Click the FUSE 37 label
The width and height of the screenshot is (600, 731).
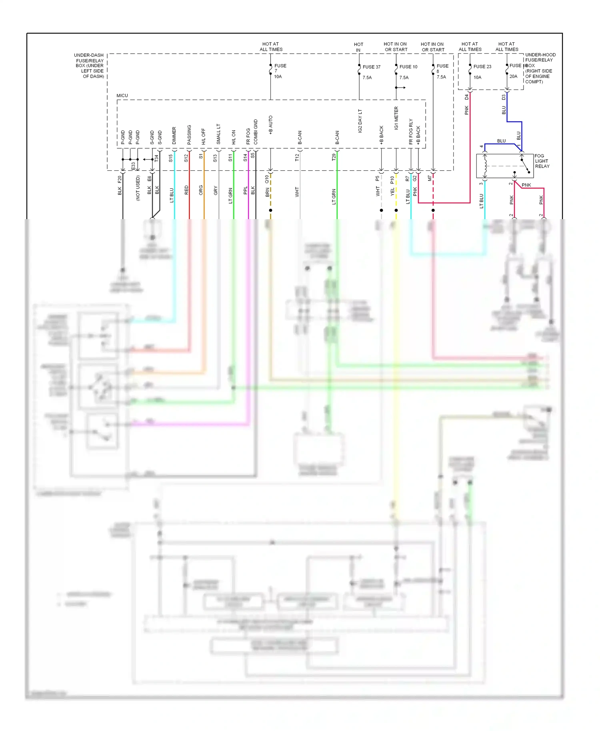click(x=371, y=67)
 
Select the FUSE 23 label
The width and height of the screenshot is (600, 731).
click(x=482, y=66)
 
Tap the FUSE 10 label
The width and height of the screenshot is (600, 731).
click(x=408, y=67)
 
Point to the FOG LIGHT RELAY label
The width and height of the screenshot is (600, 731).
click(x=542, y=161)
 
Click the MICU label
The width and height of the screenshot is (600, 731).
click(x=122, y=96)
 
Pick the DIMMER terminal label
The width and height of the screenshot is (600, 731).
click(x=174, y=136)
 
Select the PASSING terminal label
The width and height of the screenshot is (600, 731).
click(x=189, y=135)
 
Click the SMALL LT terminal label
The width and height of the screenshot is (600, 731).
click(x=218, y=134)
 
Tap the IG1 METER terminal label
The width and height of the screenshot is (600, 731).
click(x=396, y=118)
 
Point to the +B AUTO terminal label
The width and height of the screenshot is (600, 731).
click(x=271, y=125)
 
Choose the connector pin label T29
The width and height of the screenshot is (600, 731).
click(x=334, y=158)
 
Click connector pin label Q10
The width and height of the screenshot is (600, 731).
click(x=267, y=179)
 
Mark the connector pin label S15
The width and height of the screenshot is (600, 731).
click(x=171, y=158)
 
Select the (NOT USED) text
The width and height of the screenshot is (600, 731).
click(x=138, y=188)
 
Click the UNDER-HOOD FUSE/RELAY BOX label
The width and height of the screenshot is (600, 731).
click(x=540, y=68)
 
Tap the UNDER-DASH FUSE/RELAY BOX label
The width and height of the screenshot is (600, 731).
click(x=90, y=66)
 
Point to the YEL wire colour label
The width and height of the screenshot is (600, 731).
click(x=392, y=192)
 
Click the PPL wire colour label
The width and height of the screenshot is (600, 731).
click(x=245, y=191)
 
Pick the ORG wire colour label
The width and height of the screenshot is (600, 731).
click(x=201, y=190)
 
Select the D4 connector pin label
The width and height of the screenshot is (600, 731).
click(x=466, y=97)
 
